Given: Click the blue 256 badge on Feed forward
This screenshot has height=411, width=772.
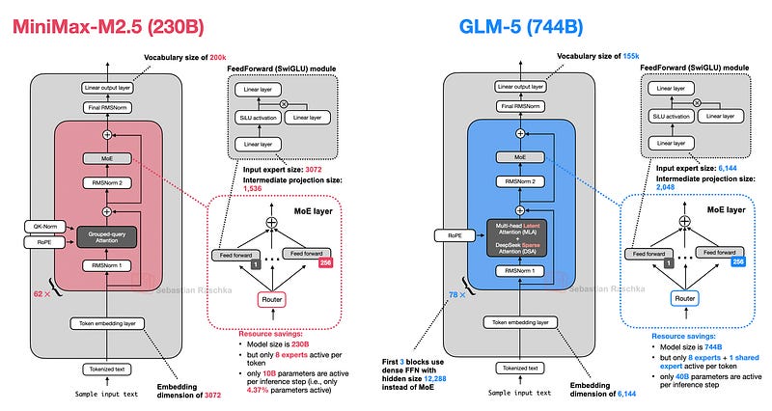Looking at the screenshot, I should tap(738, 262).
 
